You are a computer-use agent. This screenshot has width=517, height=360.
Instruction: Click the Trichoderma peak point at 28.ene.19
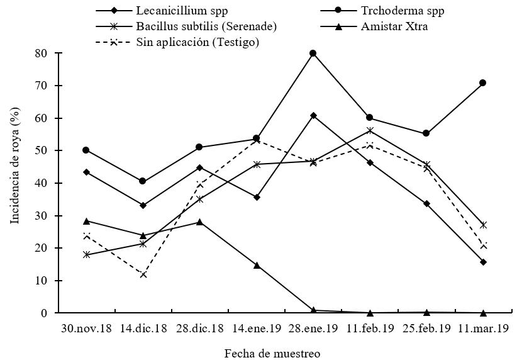(x=313, y=53)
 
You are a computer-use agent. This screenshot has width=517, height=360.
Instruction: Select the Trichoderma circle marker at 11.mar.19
(x=483, y=82)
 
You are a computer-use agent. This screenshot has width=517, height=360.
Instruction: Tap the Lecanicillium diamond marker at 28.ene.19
(x=313, y=115)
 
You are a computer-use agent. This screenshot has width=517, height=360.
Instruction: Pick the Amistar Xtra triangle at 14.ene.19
(x=257, y=265)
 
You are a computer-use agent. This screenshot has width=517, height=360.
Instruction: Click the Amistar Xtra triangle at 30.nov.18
(x=86, y=221)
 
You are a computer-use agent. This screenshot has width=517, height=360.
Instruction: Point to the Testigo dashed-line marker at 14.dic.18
(x=143, y=274)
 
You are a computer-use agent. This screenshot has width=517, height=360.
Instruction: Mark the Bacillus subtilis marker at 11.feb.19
(x=370, y=130)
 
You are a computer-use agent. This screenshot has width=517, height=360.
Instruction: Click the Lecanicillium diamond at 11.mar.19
(x=483, y=262)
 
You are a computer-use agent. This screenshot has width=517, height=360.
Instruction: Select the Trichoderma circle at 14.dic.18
(x=143, y=181)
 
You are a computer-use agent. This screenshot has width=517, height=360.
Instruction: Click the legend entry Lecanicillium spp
(x=182, y=11)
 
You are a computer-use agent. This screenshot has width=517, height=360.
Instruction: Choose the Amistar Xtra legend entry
(x=395, y=26)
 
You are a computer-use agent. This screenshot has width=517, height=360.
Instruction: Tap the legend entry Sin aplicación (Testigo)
(x=197, y=42)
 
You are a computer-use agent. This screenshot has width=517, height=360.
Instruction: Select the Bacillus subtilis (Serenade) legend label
(x=206, y=26)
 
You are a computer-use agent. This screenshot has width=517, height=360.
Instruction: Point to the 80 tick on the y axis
(x=41, y=53)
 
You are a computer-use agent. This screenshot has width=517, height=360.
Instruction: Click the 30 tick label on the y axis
(x=41, y=216)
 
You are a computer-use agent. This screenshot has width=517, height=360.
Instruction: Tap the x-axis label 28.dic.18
(x=199, y=329)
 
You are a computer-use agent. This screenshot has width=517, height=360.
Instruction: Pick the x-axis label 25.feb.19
(x=426, y=329)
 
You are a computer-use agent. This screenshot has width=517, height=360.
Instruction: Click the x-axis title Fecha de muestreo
(x=272, y=353)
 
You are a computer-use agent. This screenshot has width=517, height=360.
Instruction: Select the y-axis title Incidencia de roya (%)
(x=14, y=166)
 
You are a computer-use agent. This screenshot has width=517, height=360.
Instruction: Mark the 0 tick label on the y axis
(x=44, y=313)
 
